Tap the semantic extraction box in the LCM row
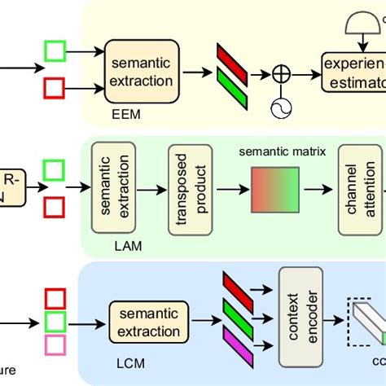click(x=148, y=322)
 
